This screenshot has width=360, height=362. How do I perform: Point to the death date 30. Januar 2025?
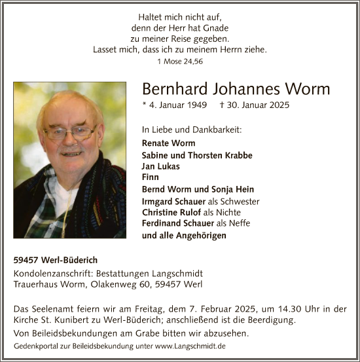pyautogui.click(x=255, y=105)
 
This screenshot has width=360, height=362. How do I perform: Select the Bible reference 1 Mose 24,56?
pyautogui.click(x=179, y=61)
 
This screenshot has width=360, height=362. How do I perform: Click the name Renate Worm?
pyautogui.click(x=168, y=143)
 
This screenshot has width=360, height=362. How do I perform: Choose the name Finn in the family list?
pyautogui.click(x=150, y=177)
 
